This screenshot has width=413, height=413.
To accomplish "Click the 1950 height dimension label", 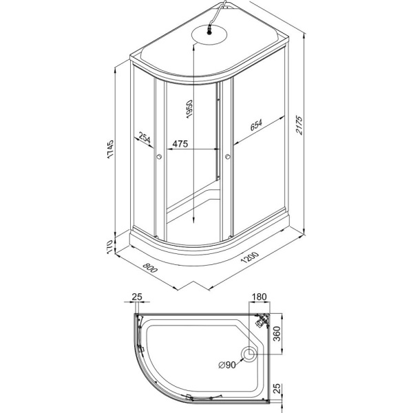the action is [x=189, y=109].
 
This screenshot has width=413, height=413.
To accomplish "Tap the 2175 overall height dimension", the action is [x=299, y=125].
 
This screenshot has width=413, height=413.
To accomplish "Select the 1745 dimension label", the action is [x=110, y=149].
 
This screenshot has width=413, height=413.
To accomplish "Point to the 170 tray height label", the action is [x=110, y=247].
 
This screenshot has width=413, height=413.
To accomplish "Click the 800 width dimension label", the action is [x=150, y=268].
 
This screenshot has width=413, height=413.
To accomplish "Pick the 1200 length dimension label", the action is [x=250, y=258].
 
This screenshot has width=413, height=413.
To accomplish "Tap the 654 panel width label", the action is [x=256, y=125].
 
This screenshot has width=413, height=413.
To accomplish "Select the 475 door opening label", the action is [x=180, y=144].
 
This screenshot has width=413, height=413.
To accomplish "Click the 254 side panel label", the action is [x=145, y=138].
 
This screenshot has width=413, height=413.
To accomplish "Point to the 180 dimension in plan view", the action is [x=260, y=297].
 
